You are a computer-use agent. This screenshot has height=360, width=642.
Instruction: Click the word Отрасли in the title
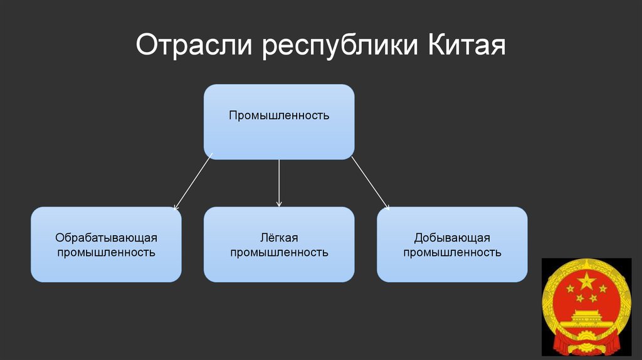click(194, 47)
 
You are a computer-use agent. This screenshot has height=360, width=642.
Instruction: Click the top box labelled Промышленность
click(279, 121)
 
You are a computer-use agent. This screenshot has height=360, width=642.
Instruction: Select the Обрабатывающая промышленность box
click(106, 245)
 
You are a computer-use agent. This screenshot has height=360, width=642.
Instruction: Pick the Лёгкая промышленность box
click(279, 245)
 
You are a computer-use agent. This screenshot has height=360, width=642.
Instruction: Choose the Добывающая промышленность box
click(452, 245)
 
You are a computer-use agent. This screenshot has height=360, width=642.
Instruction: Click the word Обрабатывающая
click(106, 238)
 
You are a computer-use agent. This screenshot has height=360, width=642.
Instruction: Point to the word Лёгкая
click(279, 238)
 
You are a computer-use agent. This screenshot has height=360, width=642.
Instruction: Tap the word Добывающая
click(452, 238)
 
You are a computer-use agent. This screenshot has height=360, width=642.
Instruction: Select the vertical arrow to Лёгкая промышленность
click(279, 183)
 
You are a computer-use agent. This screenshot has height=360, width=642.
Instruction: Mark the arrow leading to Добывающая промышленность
click(370, 183)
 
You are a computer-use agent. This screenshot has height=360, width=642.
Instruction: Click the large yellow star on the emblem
click(586, 280)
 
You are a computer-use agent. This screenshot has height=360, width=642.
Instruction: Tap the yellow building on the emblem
click(586, 317)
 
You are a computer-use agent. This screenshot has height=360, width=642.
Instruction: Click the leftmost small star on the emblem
click(570, 289)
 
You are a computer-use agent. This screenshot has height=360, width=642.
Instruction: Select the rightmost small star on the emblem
click(603, 289)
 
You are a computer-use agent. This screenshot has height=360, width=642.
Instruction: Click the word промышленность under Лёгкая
click(279, 253)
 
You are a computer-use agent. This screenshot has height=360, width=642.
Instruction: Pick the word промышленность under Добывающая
click(452, 253)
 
